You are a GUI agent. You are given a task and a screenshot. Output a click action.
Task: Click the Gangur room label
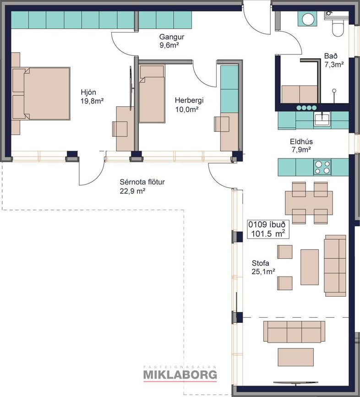(x=171, y=37)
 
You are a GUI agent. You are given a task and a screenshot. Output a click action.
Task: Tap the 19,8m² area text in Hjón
(x=92, y=101)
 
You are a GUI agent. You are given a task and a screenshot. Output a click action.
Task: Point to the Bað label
(x=331, y=56)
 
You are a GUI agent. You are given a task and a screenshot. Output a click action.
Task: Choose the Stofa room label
(x=261, y=263)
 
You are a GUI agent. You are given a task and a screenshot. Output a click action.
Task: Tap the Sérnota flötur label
(x=142, y=182)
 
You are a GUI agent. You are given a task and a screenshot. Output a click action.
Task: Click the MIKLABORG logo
(x=180, y=374)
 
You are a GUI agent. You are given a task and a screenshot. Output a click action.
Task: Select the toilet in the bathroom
(x=337, y=27)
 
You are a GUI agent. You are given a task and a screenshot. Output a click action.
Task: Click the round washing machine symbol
(x=308, y=19)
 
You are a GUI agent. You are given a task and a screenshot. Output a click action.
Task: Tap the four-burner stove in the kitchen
(x=322, y=167)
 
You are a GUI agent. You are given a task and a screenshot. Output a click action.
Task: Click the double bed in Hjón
(x=41, y=93)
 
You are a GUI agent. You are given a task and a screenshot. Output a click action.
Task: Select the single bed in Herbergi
(x=152, y=94)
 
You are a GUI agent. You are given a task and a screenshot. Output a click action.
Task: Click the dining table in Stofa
(x=309, y=202)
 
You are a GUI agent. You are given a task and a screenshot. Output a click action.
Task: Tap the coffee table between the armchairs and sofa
(x=310, y=267)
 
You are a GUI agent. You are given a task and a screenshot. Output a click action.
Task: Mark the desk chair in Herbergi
(x=222, y=124)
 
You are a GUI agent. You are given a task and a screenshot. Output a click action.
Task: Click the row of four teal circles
(x=306, y=108)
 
